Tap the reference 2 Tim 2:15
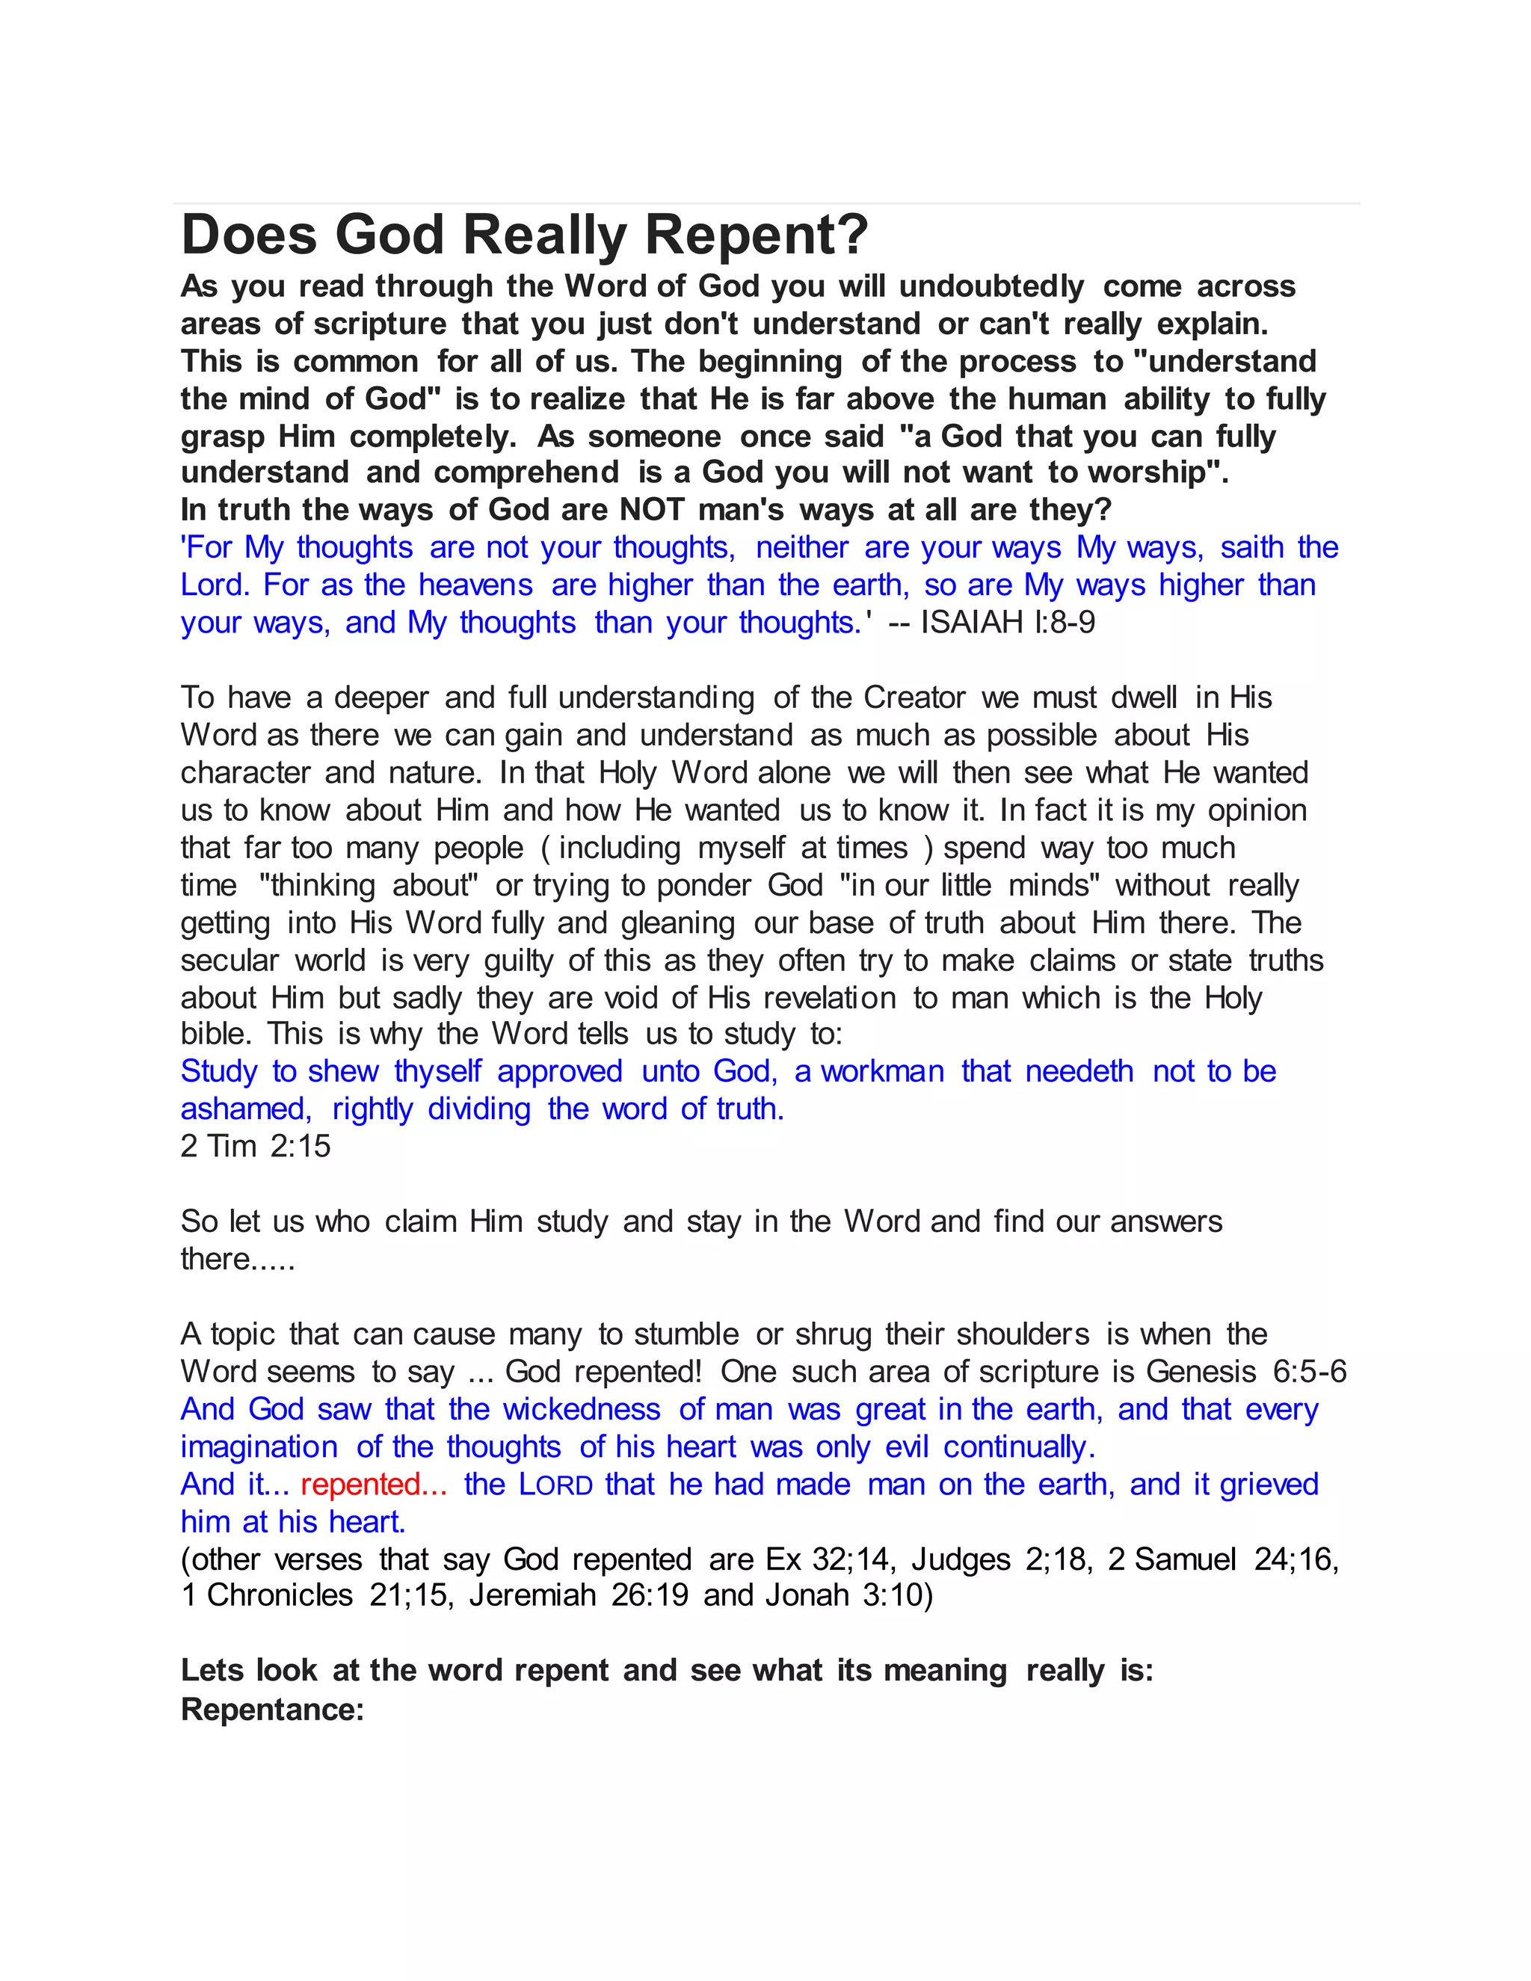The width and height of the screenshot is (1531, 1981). coord(256,1147)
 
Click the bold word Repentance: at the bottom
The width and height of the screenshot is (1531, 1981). coord(272,1710)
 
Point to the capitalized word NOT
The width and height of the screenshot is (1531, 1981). coord(651,511)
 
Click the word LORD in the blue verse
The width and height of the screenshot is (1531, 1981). coord(555,1485)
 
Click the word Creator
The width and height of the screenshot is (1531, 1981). coord(914,697)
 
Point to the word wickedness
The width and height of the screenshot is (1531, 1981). coord(582,1410)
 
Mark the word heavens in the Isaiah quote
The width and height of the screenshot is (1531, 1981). coord(475,586)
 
